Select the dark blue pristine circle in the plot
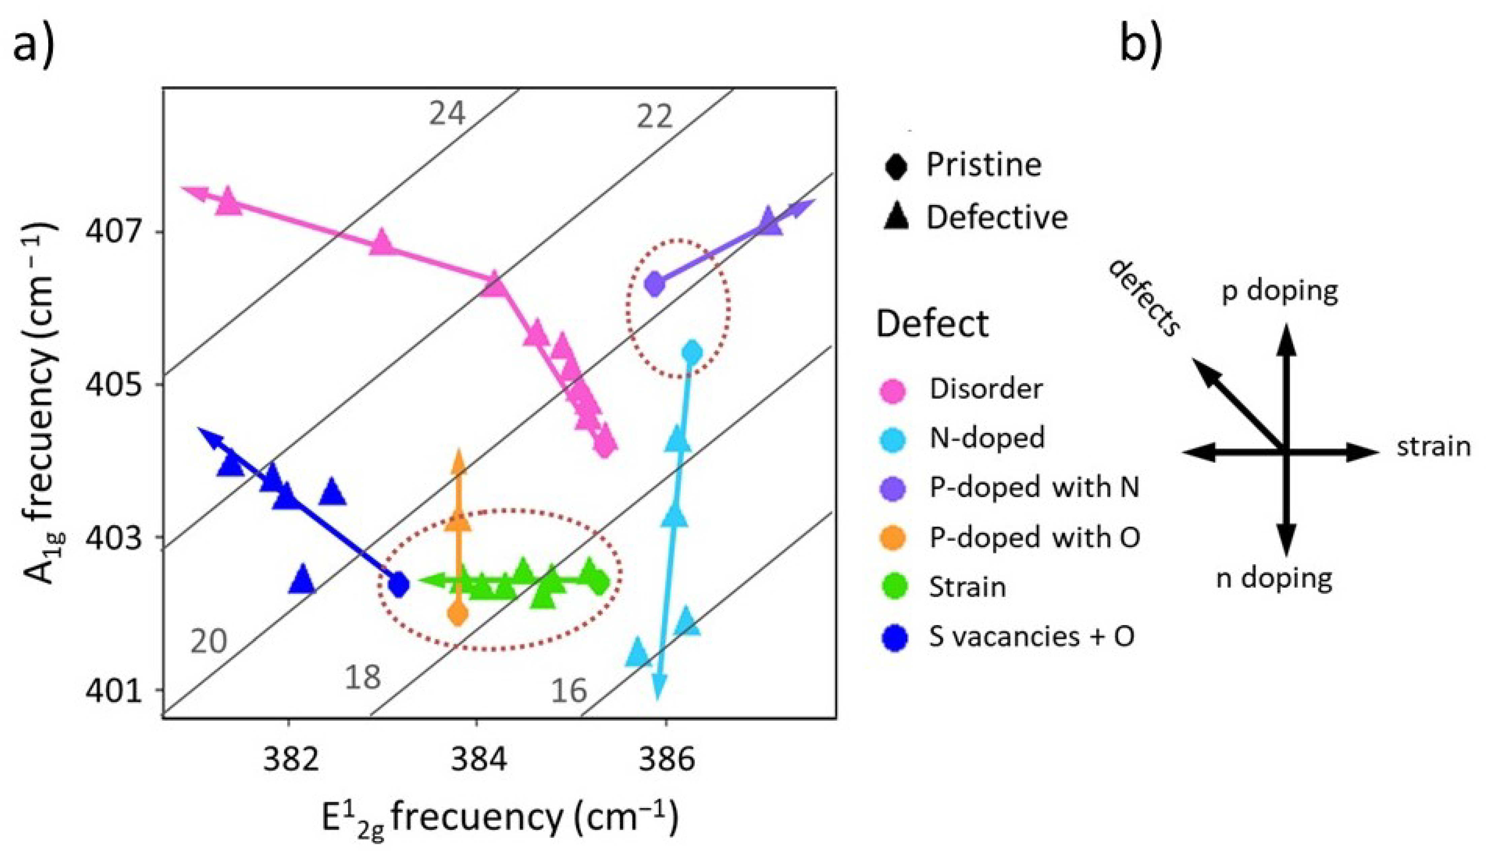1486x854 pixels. [x=399, y=584]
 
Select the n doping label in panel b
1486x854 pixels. [x=1274, y=579]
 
